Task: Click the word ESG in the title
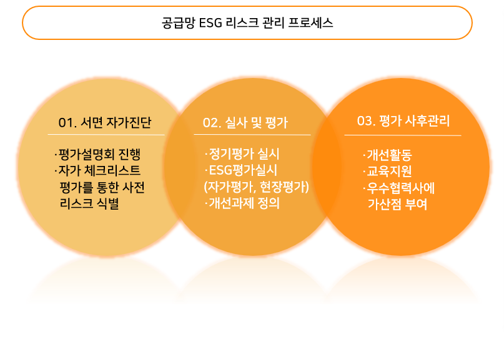tap(210, 23)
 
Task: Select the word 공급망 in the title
tap(178, 23)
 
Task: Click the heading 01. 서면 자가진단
tap(105, 122)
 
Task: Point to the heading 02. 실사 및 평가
tap(245, 122)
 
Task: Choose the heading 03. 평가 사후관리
tap(403, 121)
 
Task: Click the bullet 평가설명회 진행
tap(97, 155)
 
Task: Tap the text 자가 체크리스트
tap(97, 170)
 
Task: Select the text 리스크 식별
tap(89, 203)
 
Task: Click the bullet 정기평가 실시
tap(242, 154)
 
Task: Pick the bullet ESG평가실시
tap(241, 170)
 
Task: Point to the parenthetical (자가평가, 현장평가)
tap(256, 187)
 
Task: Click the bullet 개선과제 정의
tap(242, 203)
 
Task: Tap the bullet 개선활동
tap(387, 155)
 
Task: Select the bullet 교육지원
tap(387, 172)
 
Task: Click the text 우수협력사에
tap(399, 188)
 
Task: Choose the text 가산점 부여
tap(398, 205)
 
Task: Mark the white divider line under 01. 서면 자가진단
tap(106, 135)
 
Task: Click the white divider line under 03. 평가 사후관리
tap(403, 135)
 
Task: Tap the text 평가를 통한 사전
tap(102, 187)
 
